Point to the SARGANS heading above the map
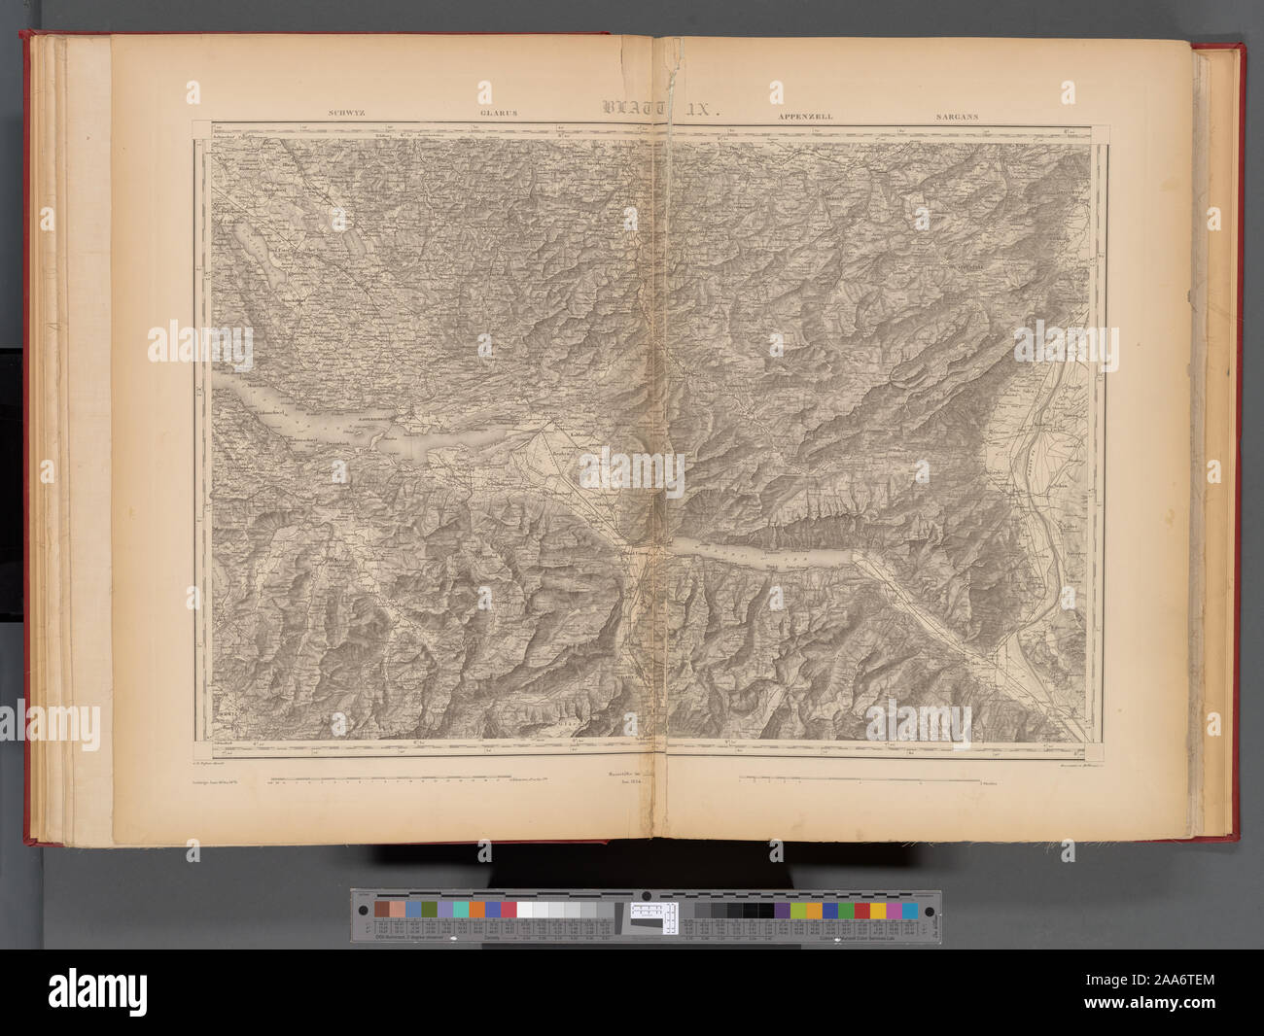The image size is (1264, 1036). click(x=957, y=116)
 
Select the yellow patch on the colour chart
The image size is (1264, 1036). click(x=878, y=911)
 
